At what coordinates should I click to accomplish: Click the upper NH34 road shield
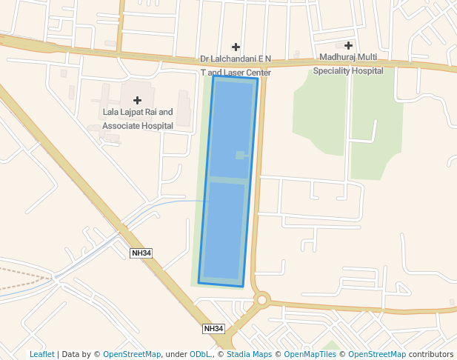pyautogui.click(x=141, y=253)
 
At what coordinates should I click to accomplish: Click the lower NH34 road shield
pyautogui.click(x=213, y=328)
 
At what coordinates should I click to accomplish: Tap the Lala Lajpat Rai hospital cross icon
pyautogui.click(x=137, y=100)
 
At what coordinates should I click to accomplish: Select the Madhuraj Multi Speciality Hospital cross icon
pyautogui.click(x=348, y=46)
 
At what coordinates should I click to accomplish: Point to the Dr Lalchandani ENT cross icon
pyautogui.click(x=236, y=47)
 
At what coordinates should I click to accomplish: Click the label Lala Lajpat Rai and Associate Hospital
pyautogui.click(x=138, y=119)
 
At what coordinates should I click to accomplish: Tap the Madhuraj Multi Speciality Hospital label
pyautogui.click(x=348, y=64)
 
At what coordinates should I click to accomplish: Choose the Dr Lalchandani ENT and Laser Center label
pyautogui.click(x=236, y=66)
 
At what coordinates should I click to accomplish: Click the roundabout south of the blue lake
pyautogui.click(x=261, y=300)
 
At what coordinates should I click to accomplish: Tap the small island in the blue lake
pyautogui.click(x=240, y=155)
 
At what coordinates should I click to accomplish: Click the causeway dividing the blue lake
pyautogui.click(x=227, y=180)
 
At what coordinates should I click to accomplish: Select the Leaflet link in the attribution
pyautogui.click(x=41, y=355)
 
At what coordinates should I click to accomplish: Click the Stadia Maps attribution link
pyautogui.click(x=249, y=355)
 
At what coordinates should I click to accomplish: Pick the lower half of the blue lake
pyautogui.click(x=224, y=230)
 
